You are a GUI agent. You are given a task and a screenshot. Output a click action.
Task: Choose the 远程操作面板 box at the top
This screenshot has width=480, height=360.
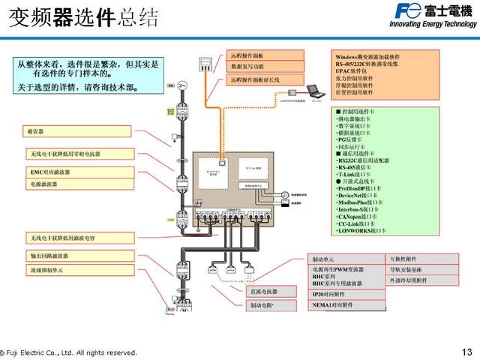click(265, 55)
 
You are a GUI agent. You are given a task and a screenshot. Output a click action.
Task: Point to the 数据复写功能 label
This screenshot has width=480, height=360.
click(265, 67)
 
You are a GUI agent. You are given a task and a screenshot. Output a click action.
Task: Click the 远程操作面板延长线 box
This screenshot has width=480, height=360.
click(265, 79)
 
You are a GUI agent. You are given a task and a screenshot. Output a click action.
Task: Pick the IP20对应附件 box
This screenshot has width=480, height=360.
click(346, 295)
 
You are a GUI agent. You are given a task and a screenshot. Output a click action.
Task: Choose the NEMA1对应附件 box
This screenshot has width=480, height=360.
click(346, 306)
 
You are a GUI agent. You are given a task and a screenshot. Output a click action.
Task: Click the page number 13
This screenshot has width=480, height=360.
click(467, 352)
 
